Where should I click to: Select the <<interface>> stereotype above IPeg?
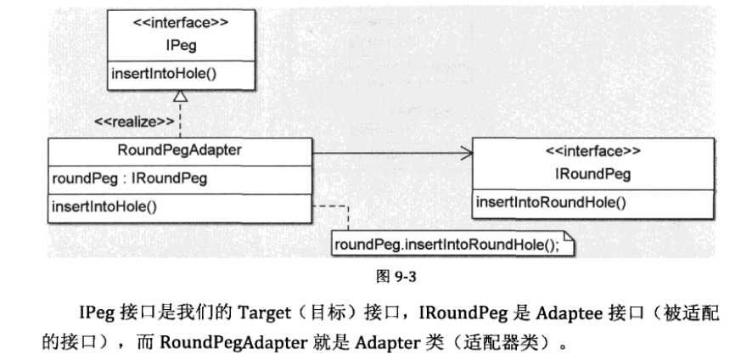[180, 24]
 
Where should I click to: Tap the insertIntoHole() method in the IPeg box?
[164, 73]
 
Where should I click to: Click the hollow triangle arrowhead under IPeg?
[180, 97]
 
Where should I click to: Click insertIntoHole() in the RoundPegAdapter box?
[105, 206]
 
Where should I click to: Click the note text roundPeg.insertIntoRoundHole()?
[448, 245]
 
